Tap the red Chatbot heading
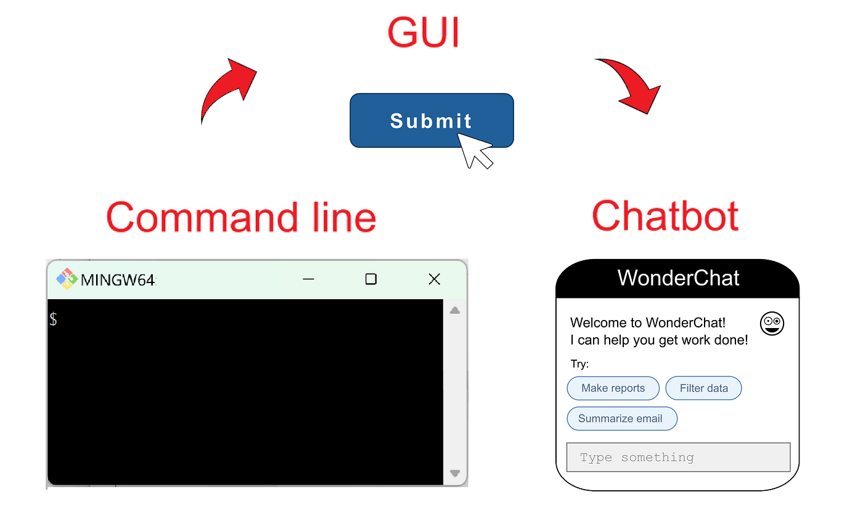(665, 216)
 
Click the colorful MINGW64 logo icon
(67, 279)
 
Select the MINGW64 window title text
(118, 280)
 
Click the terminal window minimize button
(309, 279)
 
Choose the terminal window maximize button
(370, 279)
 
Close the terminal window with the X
(434, 279)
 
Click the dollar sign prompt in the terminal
(54, 319)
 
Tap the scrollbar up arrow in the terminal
(455, 310)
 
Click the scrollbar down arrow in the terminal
(455, 474)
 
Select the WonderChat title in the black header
(678, 278)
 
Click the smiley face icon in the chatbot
(772, 324)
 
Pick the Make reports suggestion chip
(613, 388)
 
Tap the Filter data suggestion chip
(703, 388)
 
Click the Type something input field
(678, 458)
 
